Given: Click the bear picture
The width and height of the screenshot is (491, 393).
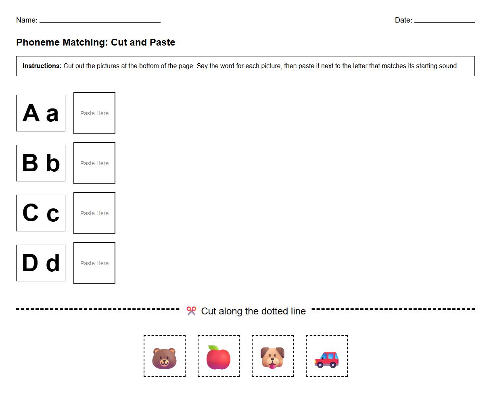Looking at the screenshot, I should (x=164, y=358).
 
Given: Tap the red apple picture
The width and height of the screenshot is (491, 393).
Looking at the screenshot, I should (x=218, y=358).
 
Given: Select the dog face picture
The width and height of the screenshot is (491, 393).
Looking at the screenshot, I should (x=272, y=357).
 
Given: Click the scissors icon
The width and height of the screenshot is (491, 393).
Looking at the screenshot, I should (x=191, y=311).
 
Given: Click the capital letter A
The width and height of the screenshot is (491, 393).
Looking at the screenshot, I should (x=31, y=113).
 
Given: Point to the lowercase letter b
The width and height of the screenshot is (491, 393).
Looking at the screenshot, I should (x=53, y=163).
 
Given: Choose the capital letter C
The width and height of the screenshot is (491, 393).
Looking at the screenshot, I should (x=30, y=213).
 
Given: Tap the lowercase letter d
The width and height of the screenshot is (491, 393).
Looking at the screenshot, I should (x=53, y=263).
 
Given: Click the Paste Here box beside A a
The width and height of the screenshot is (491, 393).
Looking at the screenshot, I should (x=94, y=113).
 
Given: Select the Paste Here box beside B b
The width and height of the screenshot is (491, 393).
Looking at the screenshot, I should (x=94, y=163).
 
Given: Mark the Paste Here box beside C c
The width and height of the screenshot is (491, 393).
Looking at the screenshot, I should (x=94, y=213).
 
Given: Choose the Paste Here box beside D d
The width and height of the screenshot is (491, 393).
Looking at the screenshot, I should (x=94, y=263).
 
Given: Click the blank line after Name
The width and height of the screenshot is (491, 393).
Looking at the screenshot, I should (x=100, y=21).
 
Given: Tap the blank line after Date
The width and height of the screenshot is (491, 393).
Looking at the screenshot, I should (x=444, y=21).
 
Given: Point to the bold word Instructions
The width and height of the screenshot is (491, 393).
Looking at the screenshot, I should (x=42, y=66).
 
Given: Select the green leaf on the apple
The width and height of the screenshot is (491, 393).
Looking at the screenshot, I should (x=214, y=348).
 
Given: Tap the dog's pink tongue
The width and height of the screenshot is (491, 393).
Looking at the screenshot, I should (x=273, y=366).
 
